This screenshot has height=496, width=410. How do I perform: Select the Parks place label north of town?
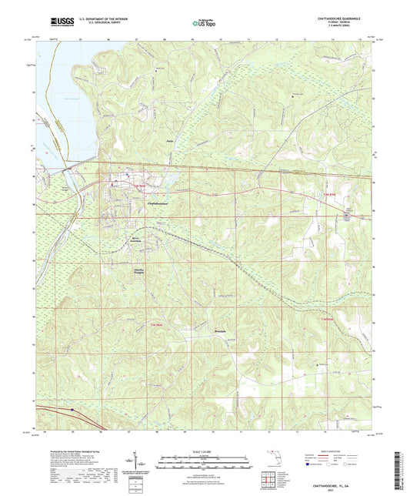pyautogui.click(x=171, y=142)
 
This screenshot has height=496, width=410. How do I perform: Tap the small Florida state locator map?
pyautogui.click(x=275, y=463)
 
